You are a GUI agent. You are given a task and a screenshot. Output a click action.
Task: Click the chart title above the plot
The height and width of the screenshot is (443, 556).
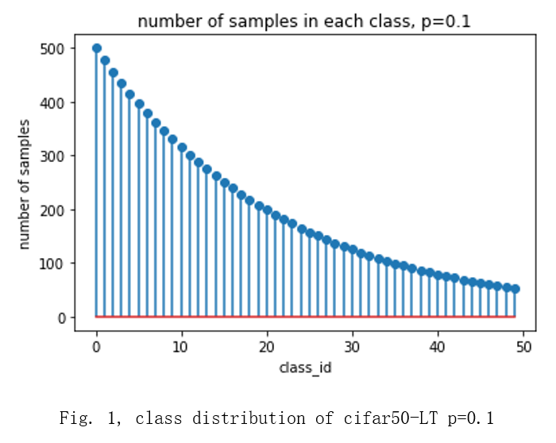pos(304,21)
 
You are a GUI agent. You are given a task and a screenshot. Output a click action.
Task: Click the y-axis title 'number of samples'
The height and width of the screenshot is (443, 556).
pos(25,183)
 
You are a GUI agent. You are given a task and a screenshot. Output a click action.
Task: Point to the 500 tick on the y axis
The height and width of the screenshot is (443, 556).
pos(51,48)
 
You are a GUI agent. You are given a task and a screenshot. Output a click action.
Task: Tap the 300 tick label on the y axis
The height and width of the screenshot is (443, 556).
pos(51,156)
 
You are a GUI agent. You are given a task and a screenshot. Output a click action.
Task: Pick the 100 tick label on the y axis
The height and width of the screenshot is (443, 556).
pos(51,264)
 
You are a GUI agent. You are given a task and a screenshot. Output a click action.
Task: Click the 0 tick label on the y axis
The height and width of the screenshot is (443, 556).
pos(58,318)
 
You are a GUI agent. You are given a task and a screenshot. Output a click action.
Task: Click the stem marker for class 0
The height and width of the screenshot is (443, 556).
pos(97,48)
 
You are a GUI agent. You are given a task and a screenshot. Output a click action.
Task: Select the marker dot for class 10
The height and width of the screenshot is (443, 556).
pos(182,148)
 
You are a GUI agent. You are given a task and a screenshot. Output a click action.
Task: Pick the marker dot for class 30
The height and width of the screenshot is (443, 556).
pos(353,249)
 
